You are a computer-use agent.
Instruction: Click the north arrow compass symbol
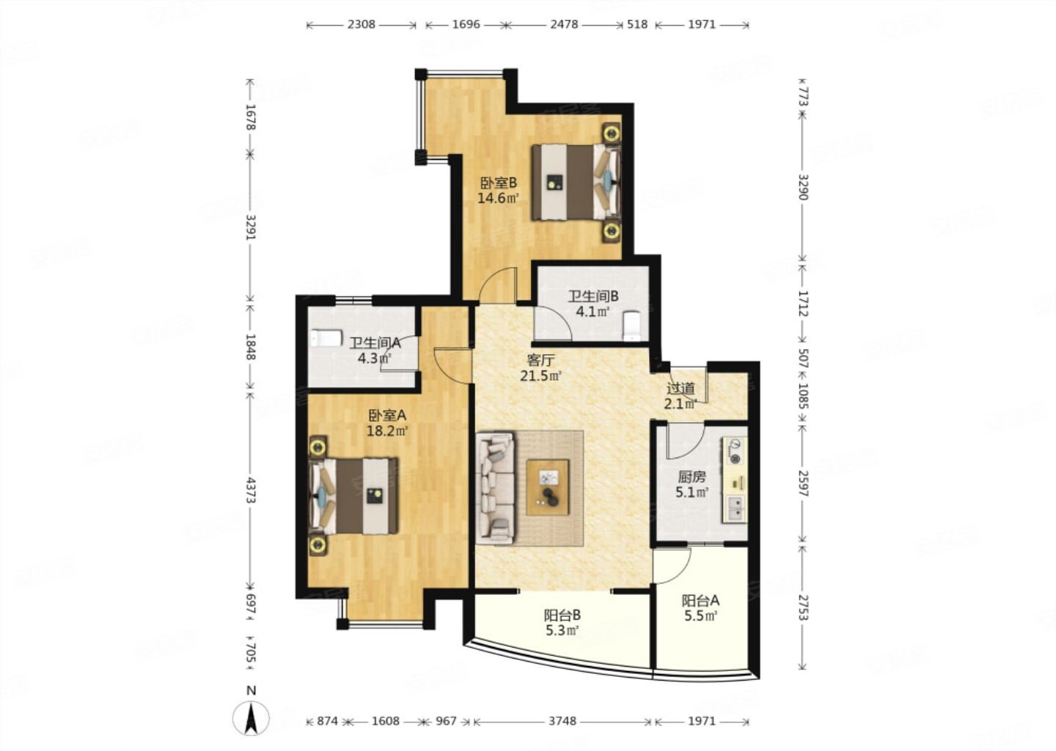point(252,719)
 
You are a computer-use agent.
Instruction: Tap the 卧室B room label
point(499,183)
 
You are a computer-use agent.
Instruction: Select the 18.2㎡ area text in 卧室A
point(387,431)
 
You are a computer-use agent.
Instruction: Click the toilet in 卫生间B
point(631,326)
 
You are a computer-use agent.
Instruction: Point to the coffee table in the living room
point(547,487)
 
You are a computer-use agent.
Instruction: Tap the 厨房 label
point(692,477)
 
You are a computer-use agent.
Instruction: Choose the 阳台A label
point(700,601)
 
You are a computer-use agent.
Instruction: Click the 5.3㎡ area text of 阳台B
point(562,630)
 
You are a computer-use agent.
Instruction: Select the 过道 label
point(681,389)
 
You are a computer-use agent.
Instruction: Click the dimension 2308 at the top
point(361,24)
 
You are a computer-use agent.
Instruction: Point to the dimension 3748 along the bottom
point(562,722)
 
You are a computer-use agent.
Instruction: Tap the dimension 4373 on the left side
point(251,491)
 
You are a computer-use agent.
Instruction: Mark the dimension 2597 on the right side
point(804,484)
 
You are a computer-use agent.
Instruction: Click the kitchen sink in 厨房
point(735,508)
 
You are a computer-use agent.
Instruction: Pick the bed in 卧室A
point(353,496)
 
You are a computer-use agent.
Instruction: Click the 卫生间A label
point(375,342)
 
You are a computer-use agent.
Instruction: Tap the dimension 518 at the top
point(638,24)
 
